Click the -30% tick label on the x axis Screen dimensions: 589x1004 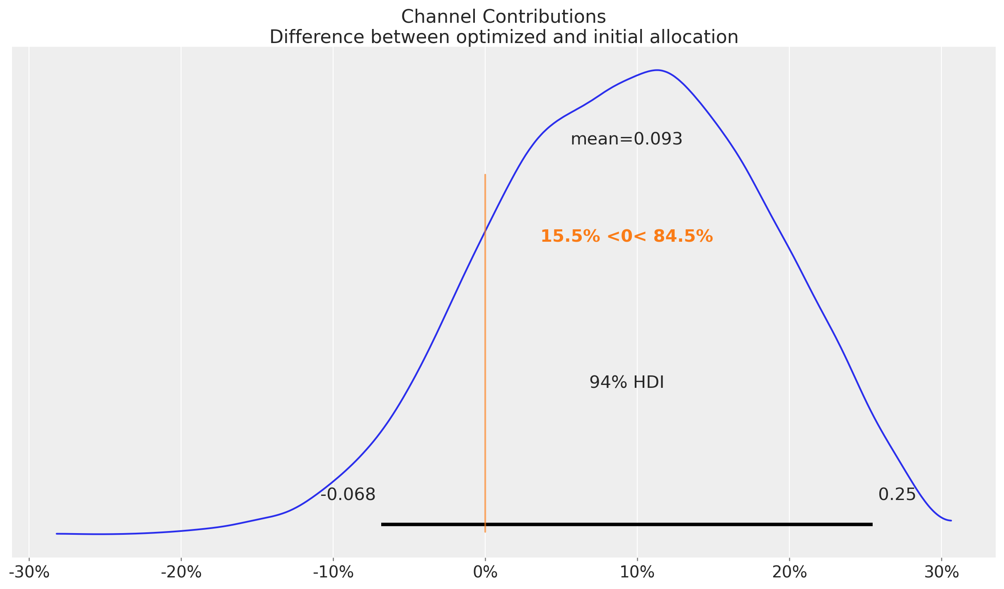[x=29, y=572]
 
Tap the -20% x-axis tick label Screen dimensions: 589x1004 [x=181, y=572]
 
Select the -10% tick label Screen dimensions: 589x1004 [x=333, y=572]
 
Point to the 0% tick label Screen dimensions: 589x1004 [x=485, y=572]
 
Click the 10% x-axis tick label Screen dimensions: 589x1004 [x=637, y=572]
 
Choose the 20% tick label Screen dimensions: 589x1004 [x=789, y=572]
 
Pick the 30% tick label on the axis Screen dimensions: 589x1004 [x=941, y=572]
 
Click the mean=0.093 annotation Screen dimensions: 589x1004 [x=626, y=139]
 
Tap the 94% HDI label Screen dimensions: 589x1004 [x=627, y=382]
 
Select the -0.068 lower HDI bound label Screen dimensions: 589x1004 [x=348, y=495]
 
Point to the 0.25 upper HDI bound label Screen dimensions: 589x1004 [x=897, y=495]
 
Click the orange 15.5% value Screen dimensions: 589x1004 [x=570, y=236]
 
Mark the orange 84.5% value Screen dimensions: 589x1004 [x=683, y=236]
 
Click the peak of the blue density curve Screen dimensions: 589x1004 [x=657, y=70]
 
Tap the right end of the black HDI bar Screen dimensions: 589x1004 [x=872, y=524]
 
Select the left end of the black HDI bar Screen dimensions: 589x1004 [x=382, y=524]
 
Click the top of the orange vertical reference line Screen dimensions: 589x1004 [x=485, y=175]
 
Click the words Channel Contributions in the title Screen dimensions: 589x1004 [x=503, y=17]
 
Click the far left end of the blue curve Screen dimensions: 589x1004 [x=57, y=534]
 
